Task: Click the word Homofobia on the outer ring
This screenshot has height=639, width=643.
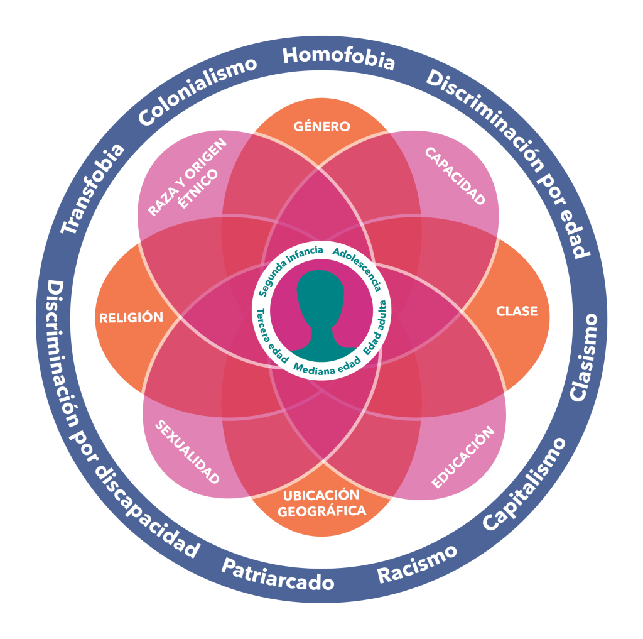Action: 338,58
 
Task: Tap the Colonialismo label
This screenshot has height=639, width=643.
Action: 198,90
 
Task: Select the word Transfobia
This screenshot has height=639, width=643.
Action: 93,188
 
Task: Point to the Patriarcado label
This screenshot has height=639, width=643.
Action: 277,573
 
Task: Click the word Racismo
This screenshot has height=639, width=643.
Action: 416,564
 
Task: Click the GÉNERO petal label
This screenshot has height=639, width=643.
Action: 322,127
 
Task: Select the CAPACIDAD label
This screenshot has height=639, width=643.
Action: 455,177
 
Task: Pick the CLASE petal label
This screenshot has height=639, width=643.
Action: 517,311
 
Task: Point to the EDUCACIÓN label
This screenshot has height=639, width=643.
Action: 463,457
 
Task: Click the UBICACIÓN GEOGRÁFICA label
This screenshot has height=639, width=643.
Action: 322,503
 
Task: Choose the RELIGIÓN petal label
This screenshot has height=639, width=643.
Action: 131,317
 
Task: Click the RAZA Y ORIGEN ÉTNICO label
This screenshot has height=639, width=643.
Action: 186,178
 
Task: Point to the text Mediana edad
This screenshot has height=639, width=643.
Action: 327,368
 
